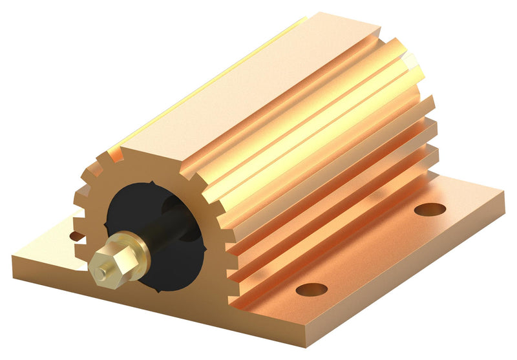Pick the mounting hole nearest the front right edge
click(311, 289)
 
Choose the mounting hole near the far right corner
click(430, 209)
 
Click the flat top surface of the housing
click(246, 84)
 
